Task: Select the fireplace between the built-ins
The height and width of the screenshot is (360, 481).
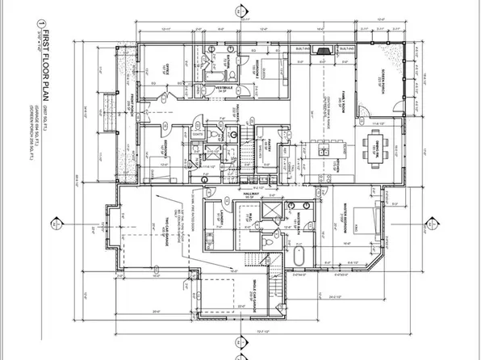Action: coord(320,50)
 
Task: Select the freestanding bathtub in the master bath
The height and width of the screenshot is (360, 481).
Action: coord(297,259)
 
